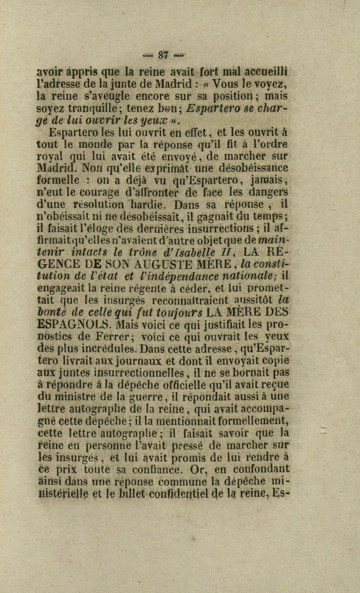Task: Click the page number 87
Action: [x=164, y=54]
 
